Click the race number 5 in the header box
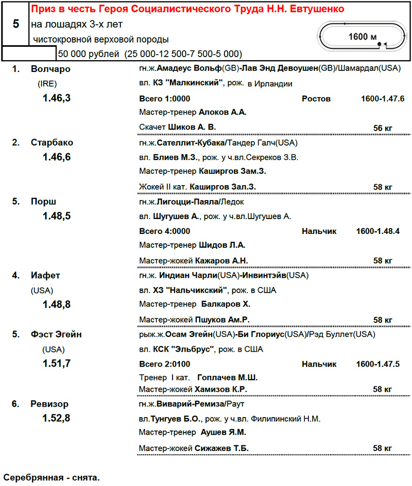[x=15, y=24]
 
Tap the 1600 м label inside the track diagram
[x=363, y=37]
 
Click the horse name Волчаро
[x=50, y=69]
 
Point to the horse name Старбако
[x=52, y=142]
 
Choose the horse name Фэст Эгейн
[x=56, y=335]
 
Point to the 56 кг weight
[x=383, y=128]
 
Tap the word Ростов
[x=316, y=98]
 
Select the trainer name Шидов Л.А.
[x=222, y=245]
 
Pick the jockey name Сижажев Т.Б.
[x=222, y=448]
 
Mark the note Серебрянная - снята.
[x=51, y=477]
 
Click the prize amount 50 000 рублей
[x=88, y=53]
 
